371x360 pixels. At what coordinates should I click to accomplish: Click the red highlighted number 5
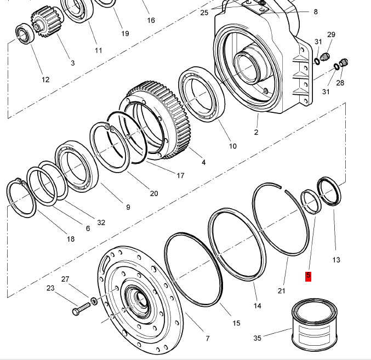click(308, 276)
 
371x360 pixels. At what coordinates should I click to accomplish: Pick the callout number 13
click(336, 259)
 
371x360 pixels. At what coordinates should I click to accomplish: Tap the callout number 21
click(281, 290)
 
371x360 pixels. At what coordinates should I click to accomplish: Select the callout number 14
click(257, 305)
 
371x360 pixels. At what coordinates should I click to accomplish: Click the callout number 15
click(236, 323)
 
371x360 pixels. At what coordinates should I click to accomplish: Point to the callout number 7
click(207, 338)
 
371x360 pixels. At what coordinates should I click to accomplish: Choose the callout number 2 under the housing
click(255, 132)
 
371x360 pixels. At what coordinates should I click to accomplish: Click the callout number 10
click(232, 146)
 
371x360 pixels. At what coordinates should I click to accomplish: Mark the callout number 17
click(180, 175)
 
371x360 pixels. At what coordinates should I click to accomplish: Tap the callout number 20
click(153, 193)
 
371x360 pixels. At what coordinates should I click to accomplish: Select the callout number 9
click(128, 207)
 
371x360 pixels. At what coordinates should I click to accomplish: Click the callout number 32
click(101, 222)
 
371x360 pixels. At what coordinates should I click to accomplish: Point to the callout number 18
click(70, 238)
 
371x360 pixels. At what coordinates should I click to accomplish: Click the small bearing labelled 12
click(24, 33)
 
